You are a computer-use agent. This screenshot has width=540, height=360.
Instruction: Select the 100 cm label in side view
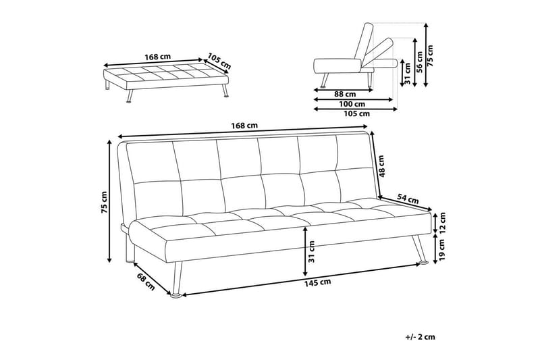click(x=352, y=104)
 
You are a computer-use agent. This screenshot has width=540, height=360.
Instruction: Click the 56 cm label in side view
click(x=418, y=61)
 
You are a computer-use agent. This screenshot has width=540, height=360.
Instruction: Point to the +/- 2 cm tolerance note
click(x=420, y=336)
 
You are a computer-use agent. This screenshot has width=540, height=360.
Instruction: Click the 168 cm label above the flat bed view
click(x=156, y=57)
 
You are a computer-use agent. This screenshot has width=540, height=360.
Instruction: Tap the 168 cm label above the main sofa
click(x=244, y=125)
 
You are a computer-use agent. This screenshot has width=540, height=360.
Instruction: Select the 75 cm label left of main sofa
click(x=103, y=201)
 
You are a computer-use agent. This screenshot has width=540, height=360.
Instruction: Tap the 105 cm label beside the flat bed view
click(x=219, y=61)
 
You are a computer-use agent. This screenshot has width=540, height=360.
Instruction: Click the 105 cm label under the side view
click(x=356, y=114)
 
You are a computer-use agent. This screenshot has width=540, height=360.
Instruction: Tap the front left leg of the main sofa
click(x=176, y=279)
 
